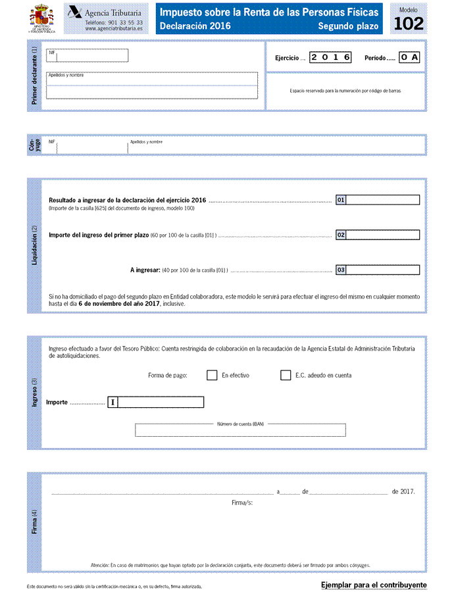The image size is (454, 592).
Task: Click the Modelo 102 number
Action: click(409, 24)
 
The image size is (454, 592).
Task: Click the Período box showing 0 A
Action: click(409, 57)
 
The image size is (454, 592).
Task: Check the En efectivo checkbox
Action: click(212, 375)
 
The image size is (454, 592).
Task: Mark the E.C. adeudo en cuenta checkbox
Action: click(286, 375)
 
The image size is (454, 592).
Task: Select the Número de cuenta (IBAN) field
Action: click(240, 430)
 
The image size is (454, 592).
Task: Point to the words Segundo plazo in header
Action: click(348, 26)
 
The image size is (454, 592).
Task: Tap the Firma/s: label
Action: click(242, 503)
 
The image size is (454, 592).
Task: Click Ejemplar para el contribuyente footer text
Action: click(374, 585)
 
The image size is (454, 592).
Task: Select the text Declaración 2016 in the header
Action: click(195, 26)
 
